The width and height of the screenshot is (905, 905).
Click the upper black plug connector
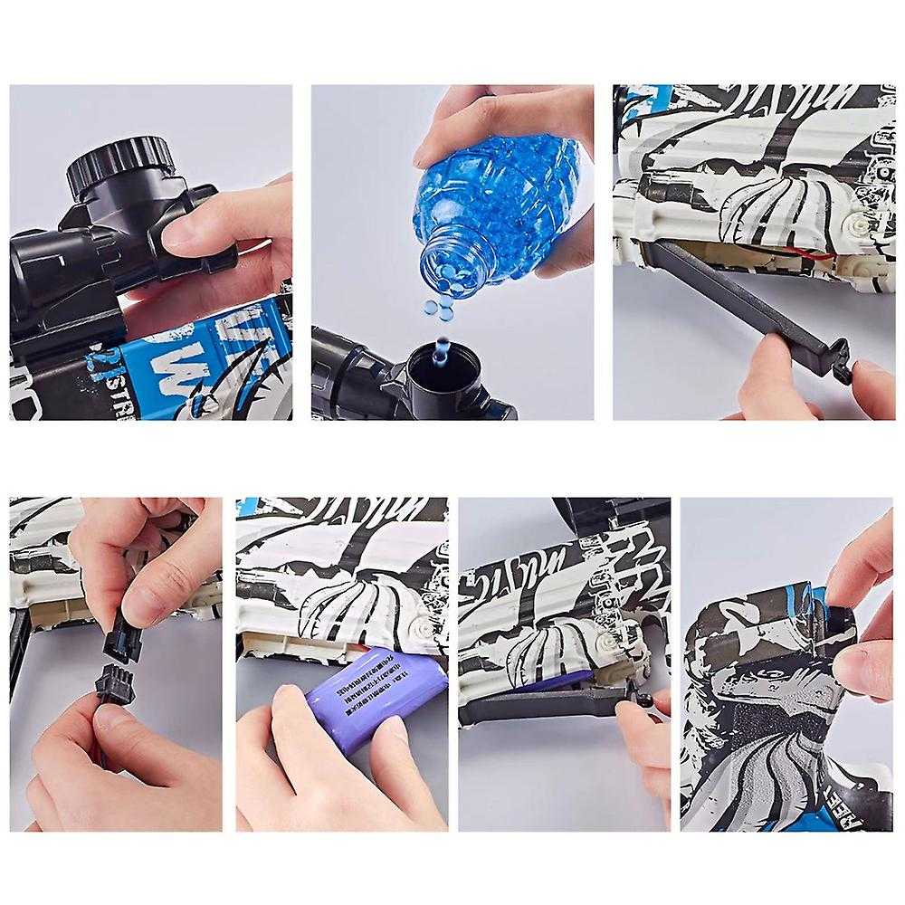click(123, 638)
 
